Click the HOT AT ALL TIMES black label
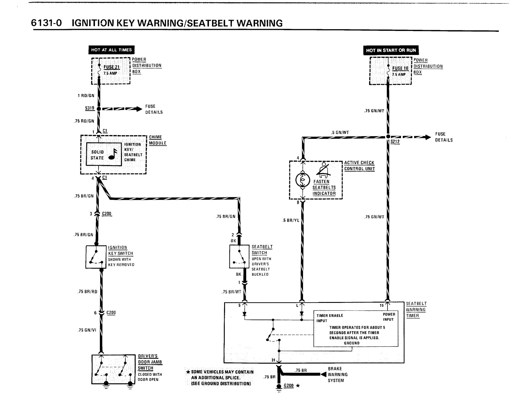pyautogui.click(x=111, y=50)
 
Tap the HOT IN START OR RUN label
pyautogui.click(x=391, y=50)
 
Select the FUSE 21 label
pyautogui.click(x=112, y=67)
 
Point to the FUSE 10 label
pyautogui.click(x=400, y=68)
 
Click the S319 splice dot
pyautogui.click(x=99, y=109)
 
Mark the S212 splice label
pyautogui.click(x=395, y=142)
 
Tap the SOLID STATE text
pyautogui.click(x=97, y=155)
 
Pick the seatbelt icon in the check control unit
pyautogui.click(x=324, y=170)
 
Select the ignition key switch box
pyautogui.click(x=96, y=257)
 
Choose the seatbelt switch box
pyautogui.click(x=239, y=256)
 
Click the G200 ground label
pyautogui.click(x=289, y=386)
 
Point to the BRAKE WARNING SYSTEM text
pyautogui.click(x=338, y=375)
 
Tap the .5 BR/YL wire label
pyautogui.click(x=291, y=220)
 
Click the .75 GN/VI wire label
pyautogui.click(x=87, y=330)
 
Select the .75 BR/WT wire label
pyautogui.click(x=231, y=292)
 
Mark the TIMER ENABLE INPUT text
pyautogui.click(x=330, y=318)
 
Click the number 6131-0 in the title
pyautogui.click(x=46, y=23)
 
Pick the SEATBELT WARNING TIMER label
pyautogui.click(x=416, y=310)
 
